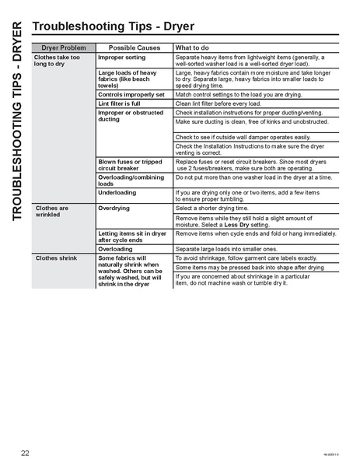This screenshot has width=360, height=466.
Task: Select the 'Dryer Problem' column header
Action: pos(61,47)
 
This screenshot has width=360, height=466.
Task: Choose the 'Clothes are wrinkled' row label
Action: pos(52,212)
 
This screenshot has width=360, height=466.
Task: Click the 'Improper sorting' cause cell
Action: pos(121,58)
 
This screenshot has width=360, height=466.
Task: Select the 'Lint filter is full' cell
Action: pos(119,103)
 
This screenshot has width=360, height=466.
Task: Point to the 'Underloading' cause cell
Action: pos(117,192)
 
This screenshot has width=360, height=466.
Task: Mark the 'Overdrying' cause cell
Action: pos(114,208)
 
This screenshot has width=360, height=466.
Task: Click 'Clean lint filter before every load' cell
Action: pos(223,103)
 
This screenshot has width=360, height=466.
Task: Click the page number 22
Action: pos(26,452)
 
